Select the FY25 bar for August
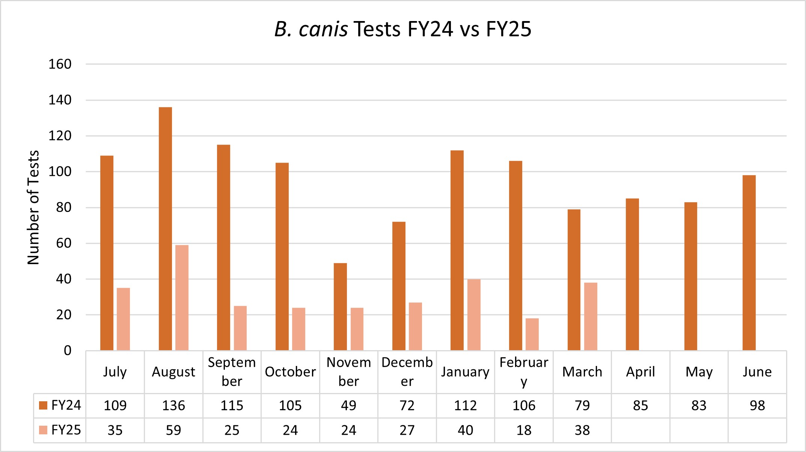pos(182,298)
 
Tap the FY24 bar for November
pos(340,307)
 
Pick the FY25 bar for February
pos(532,334)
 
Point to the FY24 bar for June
pos(749,263)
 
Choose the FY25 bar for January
pos(474,314)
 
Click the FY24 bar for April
pos(632,274)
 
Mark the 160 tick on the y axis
pos(60,64)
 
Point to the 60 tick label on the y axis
pos(63,243)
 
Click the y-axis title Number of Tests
pos(33,207)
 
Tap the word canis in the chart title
pos(323,29)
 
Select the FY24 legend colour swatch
pos(43,405)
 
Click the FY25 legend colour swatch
pos(43,430)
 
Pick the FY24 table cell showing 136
pos(173,406)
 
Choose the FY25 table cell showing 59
pos(173,430)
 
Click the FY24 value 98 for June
pos(757,406)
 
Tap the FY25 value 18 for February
pos(524,430)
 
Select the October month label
pos(290,372)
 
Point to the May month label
pos(699,372)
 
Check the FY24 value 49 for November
pos(348,406)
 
